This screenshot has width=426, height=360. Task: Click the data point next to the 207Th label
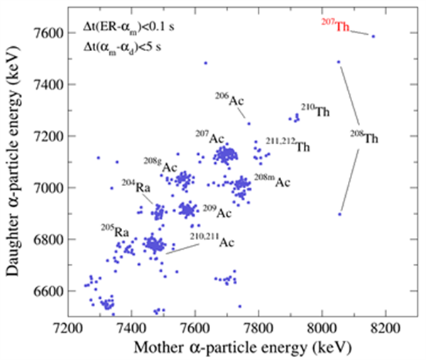373,36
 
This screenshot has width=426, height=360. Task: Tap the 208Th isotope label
366,138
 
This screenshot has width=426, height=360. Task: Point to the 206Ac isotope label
230,99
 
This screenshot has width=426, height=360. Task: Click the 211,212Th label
288,146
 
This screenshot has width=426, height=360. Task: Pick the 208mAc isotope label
273,181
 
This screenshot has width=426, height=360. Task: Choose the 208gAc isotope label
160,166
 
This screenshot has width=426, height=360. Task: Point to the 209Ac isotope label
217,211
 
